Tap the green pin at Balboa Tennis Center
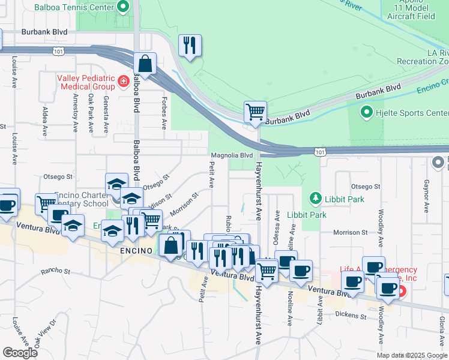pyautogui.click(x=124, y=7)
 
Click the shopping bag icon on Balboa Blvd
pyautogui.click(x=145, y=64)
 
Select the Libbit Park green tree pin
pyautogui.click(x=314, y=197)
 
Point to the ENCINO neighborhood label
pyautogui.click(x=137, y=250)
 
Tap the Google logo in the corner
pyautogui.click(x=20, y=353)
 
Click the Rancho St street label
pyautogui.click(x=56, y=271)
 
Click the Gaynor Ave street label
pyautogui.click(x=426, y=196)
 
